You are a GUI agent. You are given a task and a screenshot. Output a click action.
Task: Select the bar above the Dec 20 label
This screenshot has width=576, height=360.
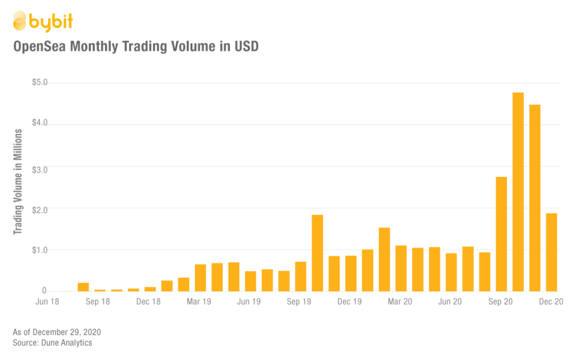coord(551,252)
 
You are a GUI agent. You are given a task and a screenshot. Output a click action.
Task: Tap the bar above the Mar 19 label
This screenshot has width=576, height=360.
coord(200,277)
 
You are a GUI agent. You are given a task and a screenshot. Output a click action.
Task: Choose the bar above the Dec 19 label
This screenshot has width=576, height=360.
coord(351,273)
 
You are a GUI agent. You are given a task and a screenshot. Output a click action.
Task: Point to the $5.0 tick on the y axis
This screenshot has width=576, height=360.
coord(40,83)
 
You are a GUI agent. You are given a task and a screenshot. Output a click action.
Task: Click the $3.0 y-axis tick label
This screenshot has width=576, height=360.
coord(40,166)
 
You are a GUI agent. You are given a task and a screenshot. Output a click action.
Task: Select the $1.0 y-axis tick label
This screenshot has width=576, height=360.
coord(40,249)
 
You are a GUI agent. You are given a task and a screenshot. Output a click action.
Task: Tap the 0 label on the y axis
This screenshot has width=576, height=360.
coord(44,291)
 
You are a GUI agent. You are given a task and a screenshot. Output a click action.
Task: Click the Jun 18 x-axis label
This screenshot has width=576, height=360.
coord(48,302)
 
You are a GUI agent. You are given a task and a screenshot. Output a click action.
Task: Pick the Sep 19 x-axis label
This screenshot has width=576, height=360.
coord(299,302)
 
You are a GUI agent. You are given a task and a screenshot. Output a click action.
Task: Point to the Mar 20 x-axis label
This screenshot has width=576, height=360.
coord(400,302)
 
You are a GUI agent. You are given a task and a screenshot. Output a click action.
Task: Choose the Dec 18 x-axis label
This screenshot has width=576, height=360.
coord(148,302)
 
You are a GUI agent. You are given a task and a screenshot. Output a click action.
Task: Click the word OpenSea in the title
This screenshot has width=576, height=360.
coord(40,47)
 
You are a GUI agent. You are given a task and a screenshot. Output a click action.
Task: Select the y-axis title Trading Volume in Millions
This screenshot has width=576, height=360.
coord(18,182)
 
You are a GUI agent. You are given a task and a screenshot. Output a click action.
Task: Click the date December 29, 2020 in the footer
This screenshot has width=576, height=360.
coord(67,332)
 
